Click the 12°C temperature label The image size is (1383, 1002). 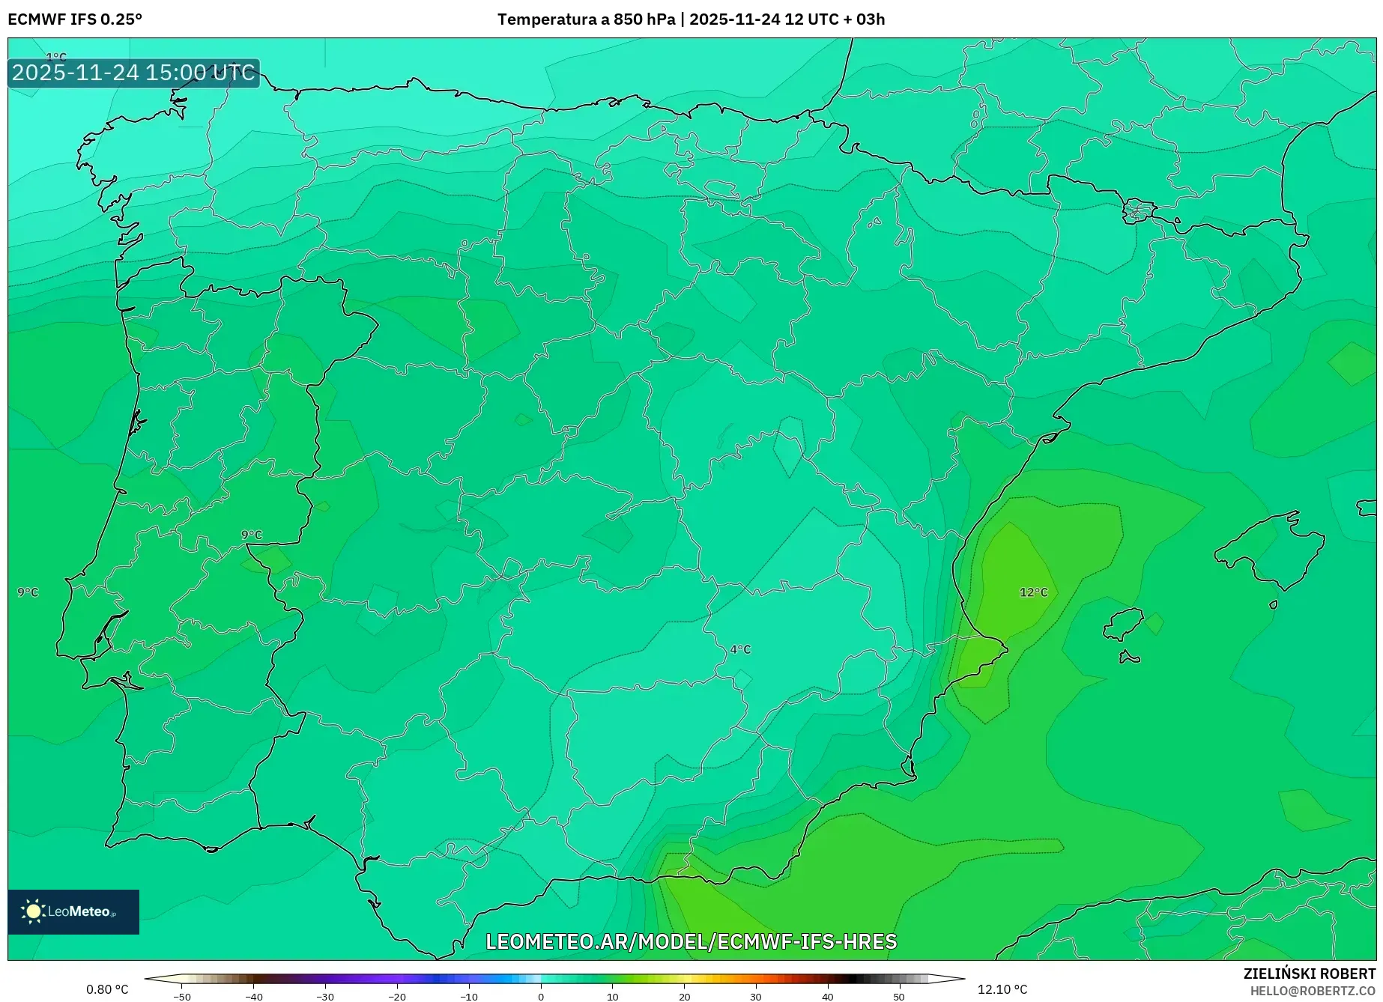point(1033,592)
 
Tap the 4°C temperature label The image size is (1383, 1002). point(740,649)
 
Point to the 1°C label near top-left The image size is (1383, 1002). point(56,58)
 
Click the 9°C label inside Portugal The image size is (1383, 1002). point(252,535)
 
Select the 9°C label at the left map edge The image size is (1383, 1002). point(28,592)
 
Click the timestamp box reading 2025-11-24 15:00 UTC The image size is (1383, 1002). point(134,73)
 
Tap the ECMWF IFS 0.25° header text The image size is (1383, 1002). point(75,19)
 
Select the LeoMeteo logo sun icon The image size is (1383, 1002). point(33,911)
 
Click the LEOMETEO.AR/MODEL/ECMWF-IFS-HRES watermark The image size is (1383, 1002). point(691,941)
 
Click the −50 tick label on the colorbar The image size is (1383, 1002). point(182,997)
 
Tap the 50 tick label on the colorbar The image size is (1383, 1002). point(899,997)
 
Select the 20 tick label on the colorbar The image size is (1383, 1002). point(684,997)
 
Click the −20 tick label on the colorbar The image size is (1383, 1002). point(397,997)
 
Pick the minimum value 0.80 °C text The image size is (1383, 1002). point(107,989)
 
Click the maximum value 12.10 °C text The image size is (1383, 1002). point(1002,989)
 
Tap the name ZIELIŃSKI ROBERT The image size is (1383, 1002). point(1310,974)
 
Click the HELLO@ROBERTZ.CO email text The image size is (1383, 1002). point(1313,991)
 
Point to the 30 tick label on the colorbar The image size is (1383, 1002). point(756,997)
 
